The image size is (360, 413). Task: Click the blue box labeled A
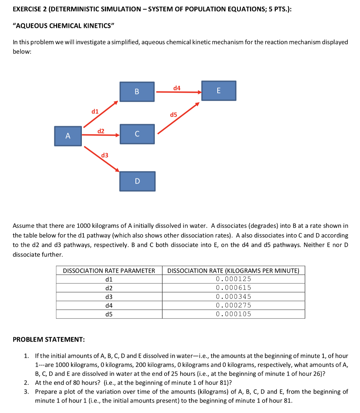click(68, 136)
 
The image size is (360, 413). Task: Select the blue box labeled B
click(137, 92)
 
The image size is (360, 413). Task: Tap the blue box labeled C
click(137, 133)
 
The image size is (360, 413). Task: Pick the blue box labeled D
click(137, 181)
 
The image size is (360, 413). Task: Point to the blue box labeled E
click(218, 91)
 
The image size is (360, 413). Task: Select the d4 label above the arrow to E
click(177, 88)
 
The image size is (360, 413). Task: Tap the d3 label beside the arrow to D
click(104, 155)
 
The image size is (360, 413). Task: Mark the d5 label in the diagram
click(173, 115)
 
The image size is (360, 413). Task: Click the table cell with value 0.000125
click(233, 279)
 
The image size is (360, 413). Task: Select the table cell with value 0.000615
click(233, 288)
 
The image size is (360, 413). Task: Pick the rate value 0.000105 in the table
click(233, 314)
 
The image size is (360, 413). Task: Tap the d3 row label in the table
click(109, 297)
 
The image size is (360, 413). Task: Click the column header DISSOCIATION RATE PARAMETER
click(109, 271)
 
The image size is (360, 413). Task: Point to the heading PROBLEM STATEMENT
click(49, 339)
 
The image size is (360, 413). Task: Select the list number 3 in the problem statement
click(26, 392)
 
